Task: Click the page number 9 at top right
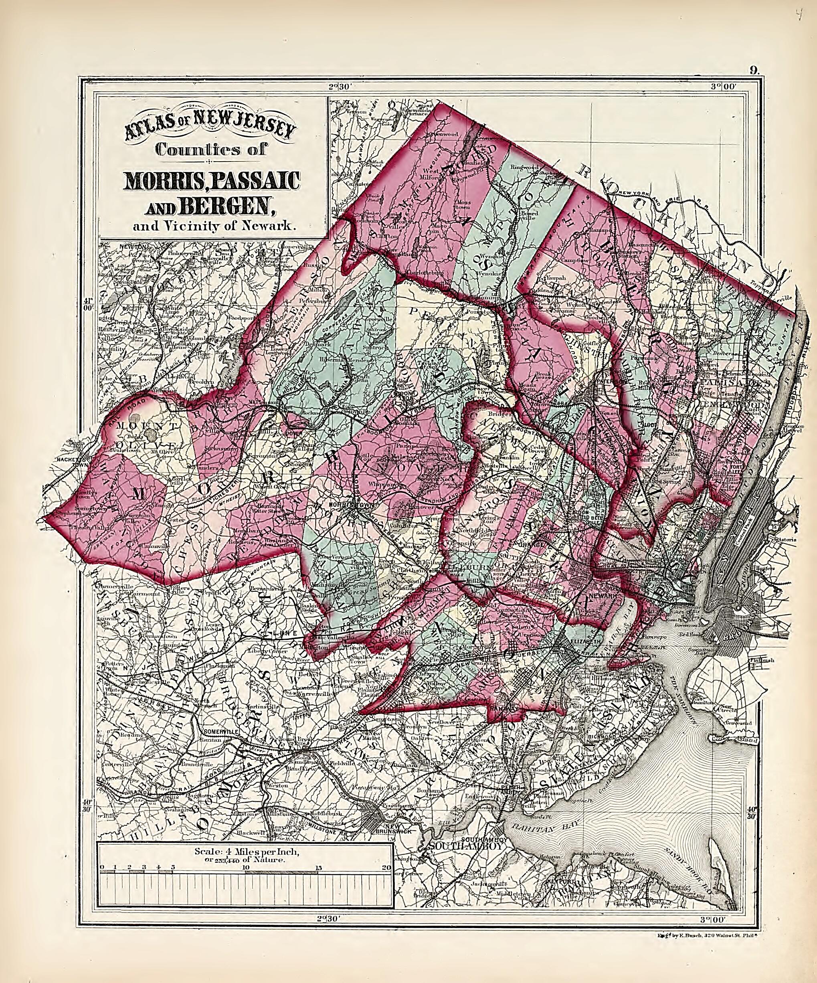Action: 753,71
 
